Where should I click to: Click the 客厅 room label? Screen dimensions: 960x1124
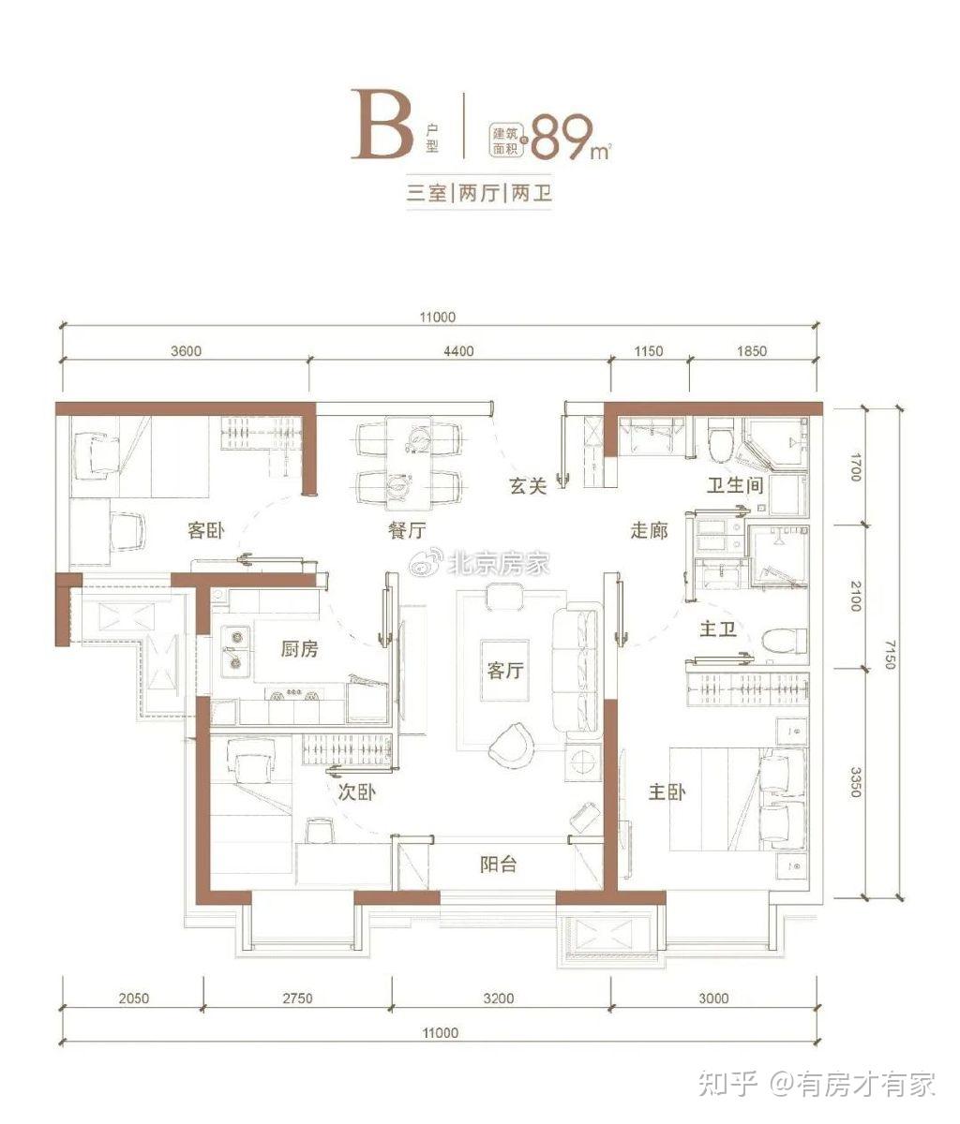pos(505,671)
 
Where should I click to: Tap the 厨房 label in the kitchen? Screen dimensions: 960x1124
pos(299,649)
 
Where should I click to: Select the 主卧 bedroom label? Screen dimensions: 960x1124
pos(667,791)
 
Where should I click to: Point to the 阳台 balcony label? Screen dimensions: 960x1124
pos(498,864)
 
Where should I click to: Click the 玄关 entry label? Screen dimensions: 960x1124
pos(528,485)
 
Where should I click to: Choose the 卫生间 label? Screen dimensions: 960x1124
pos(735,485)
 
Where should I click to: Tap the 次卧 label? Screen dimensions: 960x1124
pos(356,792)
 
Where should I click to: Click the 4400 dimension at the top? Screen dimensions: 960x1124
pos(458,351)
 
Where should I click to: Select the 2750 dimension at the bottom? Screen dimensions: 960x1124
pos(297,998)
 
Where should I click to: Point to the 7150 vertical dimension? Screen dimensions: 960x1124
pos(890,654)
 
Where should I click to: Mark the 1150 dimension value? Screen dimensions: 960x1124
pos(648,351)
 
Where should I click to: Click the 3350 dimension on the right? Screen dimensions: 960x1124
pos(856,782)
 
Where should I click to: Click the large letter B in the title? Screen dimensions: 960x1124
pos(382,125)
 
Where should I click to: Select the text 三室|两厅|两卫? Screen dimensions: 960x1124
pos(479,193)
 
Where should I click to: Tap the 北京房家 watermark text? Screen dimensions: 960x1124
pos(498,563)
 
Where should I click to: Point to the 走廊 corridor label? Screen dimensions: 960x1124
pos(649,530)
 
